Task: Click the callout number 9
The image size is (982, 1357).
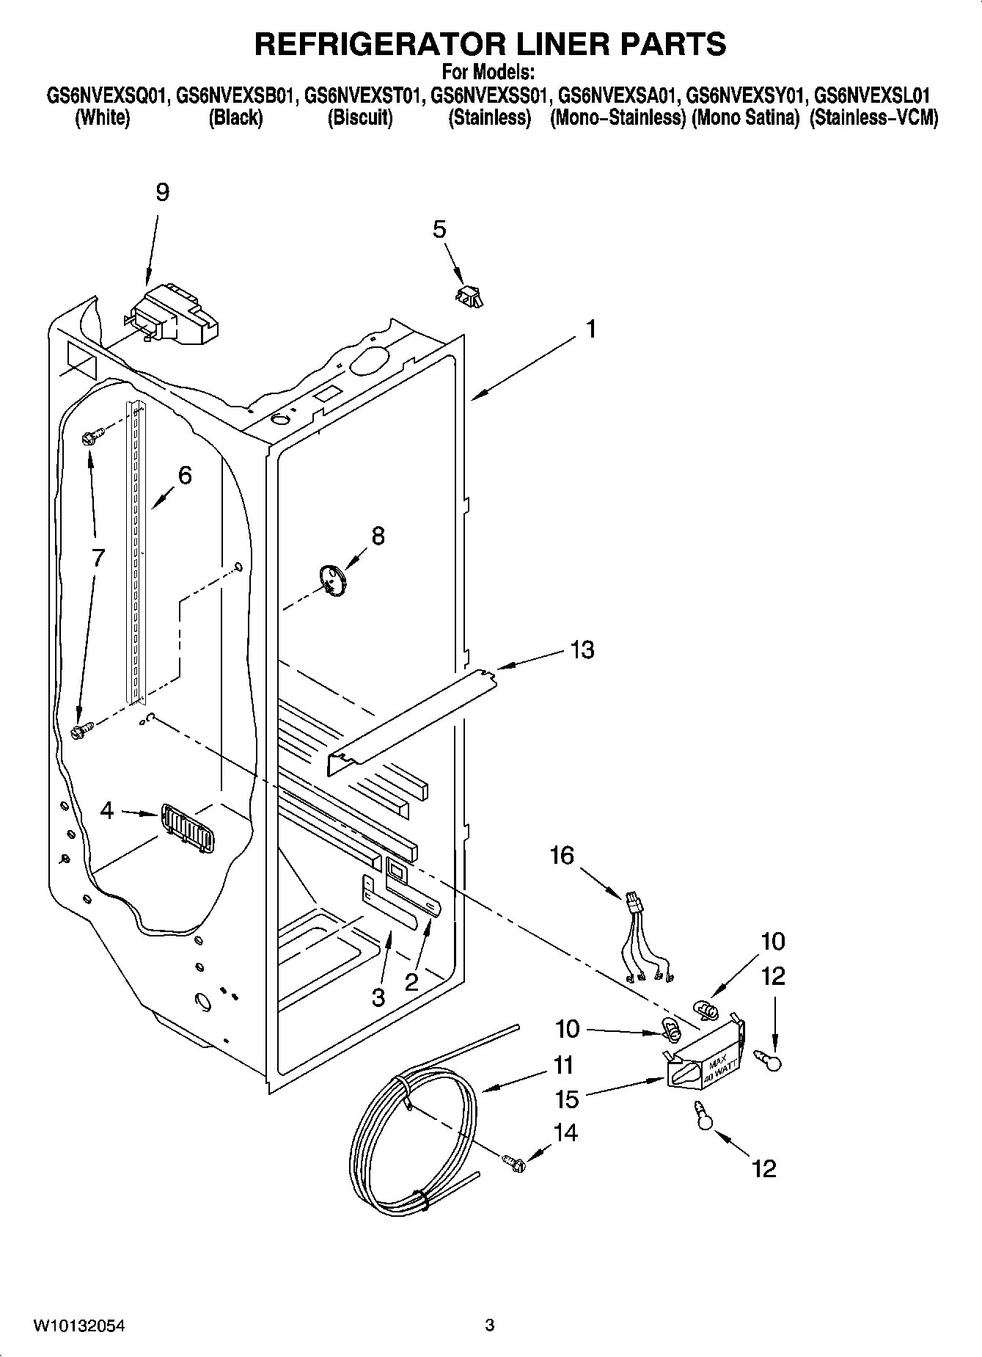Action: tap(162, 192)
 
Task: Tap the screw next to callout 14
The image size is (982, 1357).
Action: tap(515, 1162)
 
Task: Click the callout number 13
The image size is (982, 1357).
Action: tap(582, 650)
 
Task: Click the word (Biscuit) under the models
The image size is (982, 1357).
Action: tap(359, 118)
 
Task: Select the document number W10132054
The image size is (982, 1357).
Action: tap(78, 1325)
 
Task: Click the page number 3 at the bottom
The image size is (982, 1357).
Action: tap(490, 1325)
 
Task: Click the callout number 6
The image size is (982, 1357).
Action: tap(185, 476)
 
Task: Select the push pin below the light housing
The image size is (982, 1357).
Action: tap(704, 1118)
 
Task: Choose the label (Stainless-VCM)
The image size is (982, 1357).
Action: tap(873, 118)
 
